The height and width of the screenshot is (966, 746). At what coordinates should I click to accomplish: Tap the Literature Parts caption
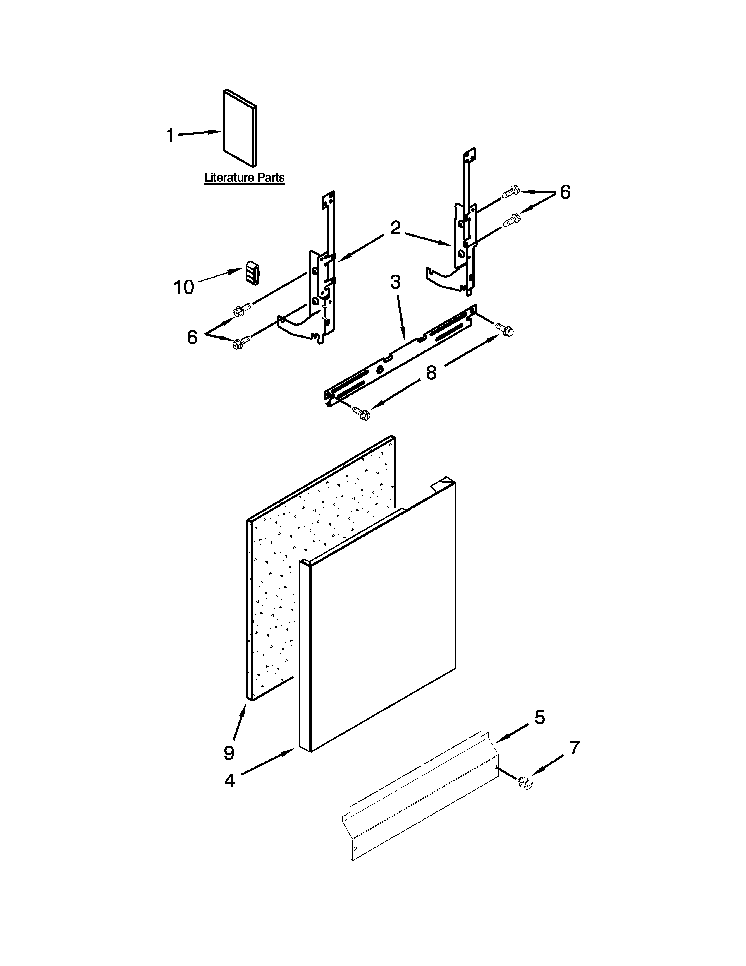(244, 178)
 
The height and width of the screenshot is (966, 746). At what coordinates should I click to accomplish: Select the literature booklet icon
(239, 128)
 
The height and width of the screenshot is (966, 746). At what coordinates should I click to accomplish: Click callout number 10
(184, 287)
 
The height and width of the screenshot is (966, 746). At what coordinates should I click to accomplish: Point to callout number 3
(395, 281)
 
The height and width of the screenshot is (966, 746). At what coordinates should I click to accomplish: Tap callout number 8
(431, 372)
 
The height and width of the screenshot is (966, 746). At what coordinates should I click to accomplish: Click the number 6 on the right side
(565, 192)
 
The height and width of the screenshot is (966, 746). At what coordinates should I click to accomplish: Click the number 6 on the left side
(192, 338)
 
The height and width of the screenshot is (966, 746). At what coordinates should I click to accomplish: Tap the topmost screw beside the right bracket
(511, 191)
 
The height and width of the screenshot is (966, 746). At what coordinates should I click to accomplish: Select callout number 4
(229, 781)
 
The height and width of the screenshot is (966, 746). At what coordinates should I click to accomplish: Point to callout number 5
(540, 717)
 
